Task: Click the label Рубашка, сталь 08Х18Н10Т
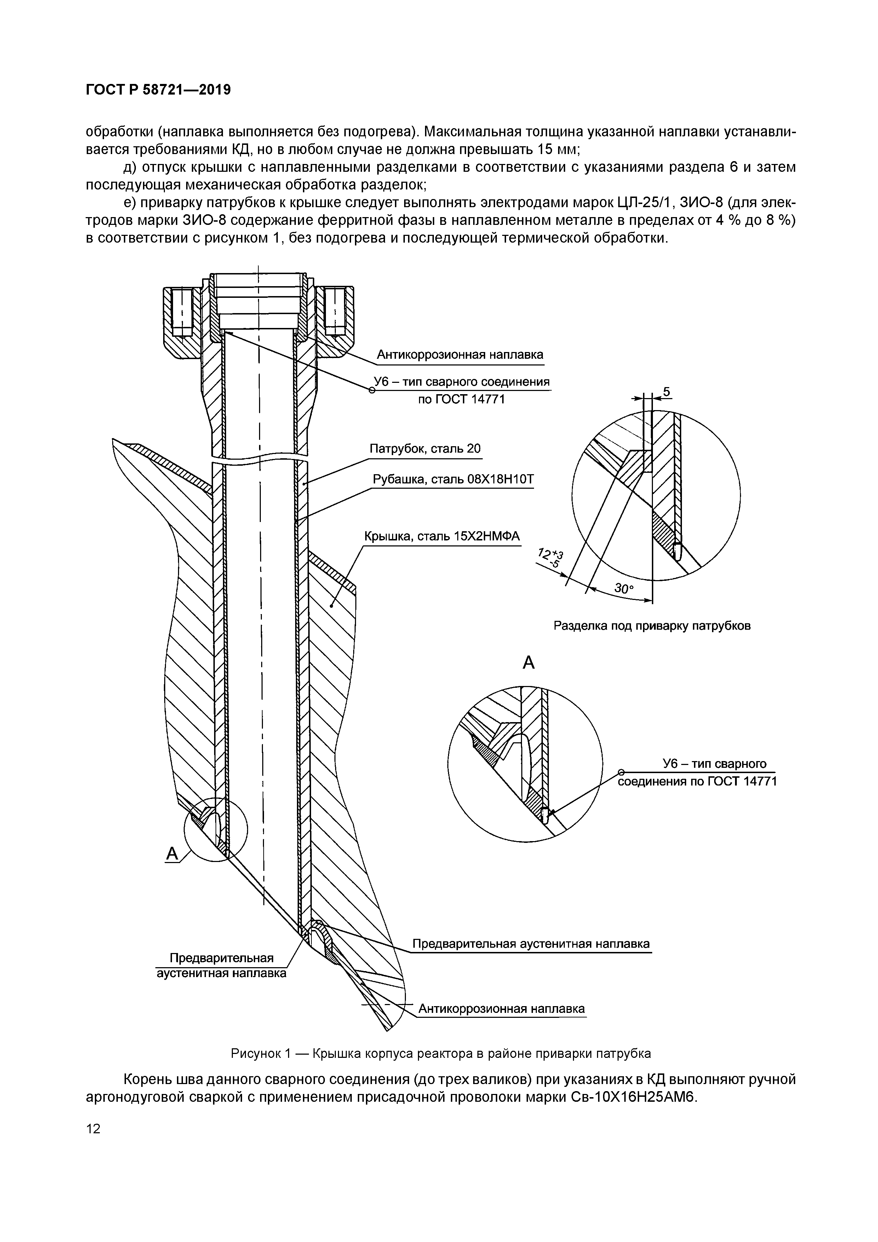(x=453, y=480)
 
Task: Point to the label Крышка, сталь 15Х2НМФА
(x=441, y=536)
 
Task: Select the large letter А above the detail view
(x=528, y=663)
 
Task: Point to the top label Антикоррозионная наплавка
(x=460, y=355)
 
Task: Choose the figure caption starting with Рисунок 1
(x=441, y=1053)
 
